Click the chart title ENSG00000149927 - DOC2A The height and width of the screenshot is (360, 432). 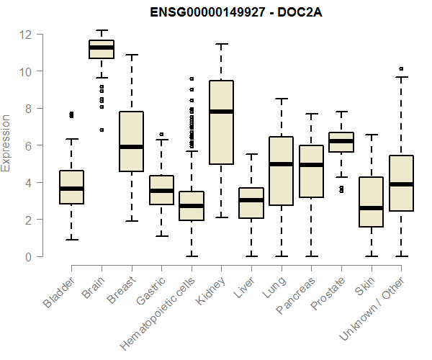coord(231,13)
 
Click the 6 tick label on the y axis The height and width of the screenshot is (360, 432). coord(26,145)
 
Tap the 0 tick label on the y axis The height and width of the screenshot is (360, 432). coord(26,256)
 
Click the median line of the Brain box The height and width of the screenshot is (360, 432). coord(101,48)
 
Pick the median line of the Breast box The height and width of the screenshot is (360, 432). coord(131,147)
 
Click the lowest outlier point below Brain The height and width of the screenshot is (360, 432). coord(102,130)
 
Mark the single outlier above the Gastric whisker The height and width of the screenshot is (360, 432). coord(161,135)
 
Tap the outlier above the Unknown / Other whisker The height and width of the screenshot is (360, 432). coord(401,69)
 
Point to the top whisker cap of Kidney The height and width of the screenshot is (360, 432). coord(221,44)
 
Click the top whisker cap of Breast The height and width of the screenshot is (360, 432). coord(131,55)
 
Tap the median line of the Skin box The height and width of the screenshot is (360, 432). coord(371,208)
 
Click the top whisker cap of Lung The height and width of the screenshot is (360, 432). coord(281,99)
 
